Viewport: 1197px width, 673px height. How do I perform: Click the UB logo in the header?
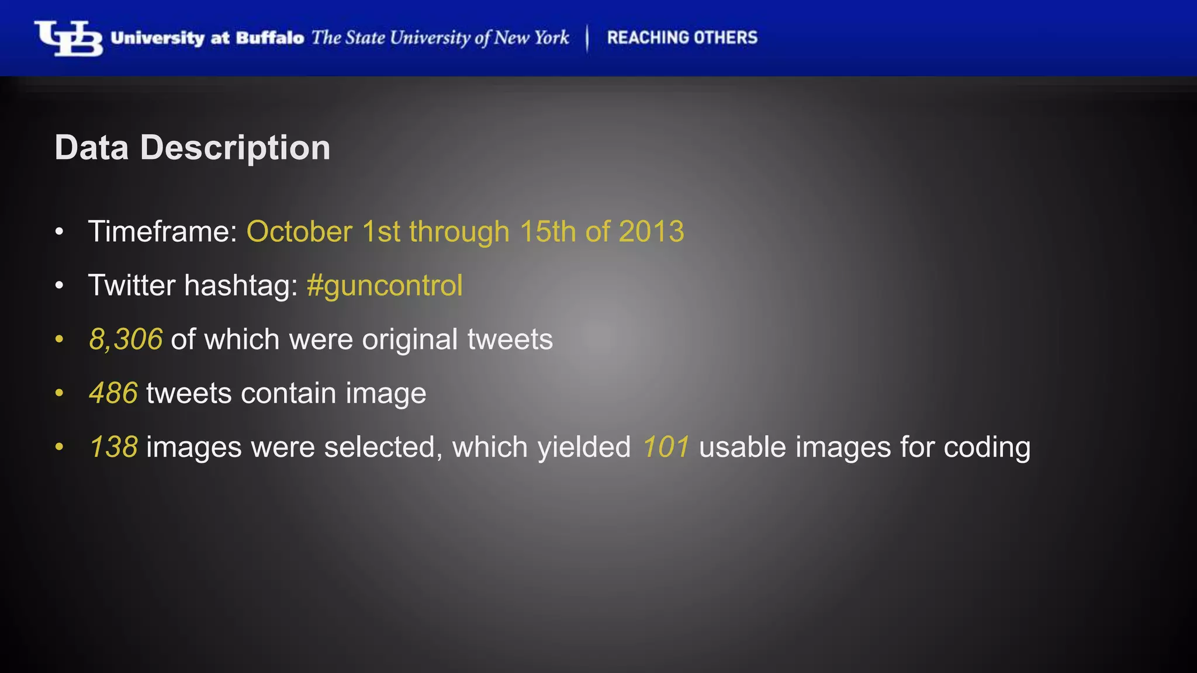pyautogui.click(x=68, y=39)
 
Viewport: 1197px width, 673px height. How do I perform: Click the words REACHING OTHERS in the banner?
pyautogui.click(x=682, y=38)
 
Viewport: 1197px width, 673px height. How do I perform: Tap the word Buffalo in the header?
pyautogui.click(x=270, y=39)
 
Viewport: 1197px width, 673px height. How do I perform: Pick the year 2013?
pyautogui.click(x=651, y=231)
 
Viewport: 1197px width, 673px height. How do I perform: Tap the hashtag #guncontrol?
pyautogui.click(x=385, y=286)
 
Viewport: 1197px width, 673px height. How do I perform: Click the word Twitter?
pyautogui.click(x=132, y=286)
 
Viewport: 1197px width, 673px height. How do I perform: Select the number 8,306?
pyautogui.click(x=126, y=339)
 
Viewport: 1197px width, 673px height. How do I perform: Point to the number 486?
pyautogui.click(x=113, y=393)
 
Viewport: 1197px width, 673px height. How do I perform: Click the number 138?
pyautogui.click(x=113, y=447)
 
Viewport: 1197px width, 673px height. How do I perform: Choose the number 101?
pyautogui.click(x=666, y=447)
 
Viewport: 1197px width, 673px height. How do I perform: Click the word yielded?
pyautogui.click(x=584, y=447)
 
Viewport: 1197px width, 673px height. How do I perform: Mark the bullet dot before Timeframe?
pyautogui.click(x=58, y=233)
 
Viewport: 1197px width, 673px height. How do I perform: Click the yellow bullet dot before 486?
pyautogui.click(x=58, y=394)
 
